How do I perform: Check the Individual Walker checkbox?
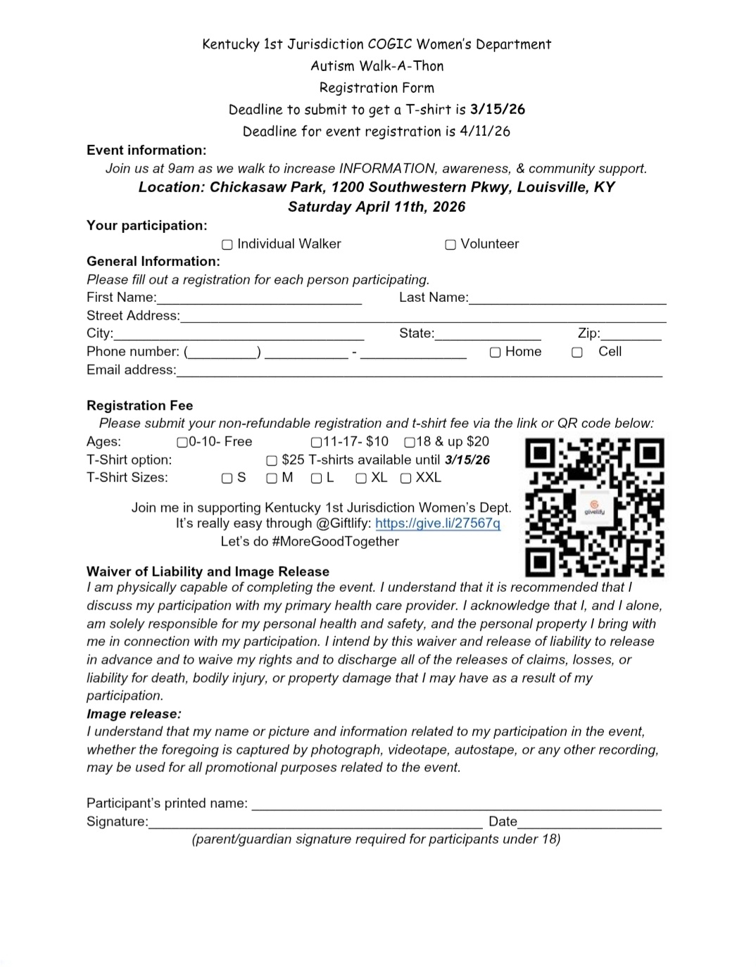pos(227,245)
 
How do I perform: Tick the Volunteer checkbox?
pos(451,245)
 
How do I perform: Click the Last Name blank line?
pos(567,298)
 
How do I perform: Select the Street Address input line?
pos(422,317)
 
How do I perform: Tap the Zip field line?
pos(631,335)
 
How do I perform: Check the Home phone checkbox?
pos(496,353)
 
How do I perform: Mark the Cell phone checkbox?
pos(577,353)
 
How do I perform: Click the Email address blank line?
pos(419,371)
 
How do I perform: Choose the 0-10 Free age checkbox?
pos(182,443)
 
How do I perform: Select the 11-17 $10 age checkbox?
pos(316,443)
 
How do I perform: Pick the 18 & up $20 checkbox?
pos(410,443)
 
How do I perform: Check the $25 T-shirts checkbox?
pos(272,461)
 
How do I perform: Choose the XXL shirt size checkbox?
pos(405,479)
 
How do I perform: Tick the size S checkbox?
pos(227,479)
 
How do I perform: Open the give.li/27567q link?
pos(438,524)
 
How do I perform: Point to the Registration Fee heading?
pos(139,405)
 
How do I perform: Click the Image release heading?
pos(134,714)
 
